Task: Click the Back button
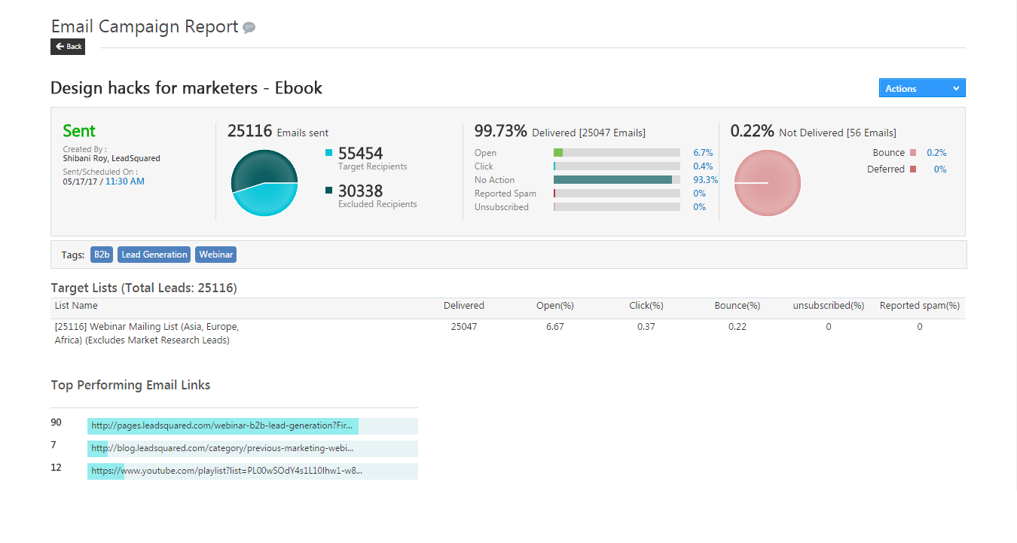[68, 47]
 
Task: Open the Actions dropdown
[921, 88]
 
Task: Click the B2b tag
[102, 255]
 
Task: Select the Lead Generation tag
[154, 255]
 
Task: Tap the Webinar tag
[215, 255]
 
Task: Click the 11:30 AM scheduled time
[125, 182]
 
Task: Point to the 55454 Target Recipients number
[360, 154]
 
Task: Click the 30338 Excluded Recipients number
[360, 191]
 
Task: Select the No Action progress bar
[616, 180]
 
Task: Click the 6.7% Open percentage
[703, 153]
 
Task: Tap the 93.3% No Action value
[705, 180]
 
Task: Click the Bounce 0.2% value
[936, 153]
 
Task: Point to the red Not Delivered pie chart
[767, 183]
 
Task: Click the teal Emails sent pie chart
[264, 183]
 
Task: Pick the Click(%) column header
[646, 306]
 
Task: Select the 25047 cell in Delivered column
[463, 327]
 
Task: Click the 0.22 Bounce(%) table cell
[737, 327]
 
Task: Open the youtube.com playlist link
[227, 471]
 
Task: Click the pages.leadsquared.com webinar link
[222, 426]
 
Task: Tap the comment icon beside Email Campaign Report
[249, 28]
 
